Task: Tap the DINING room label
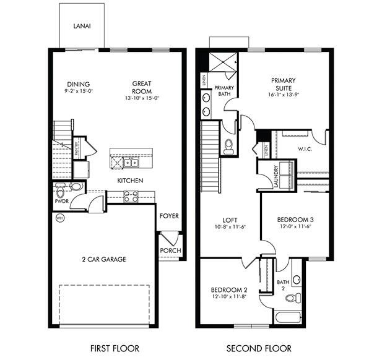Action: [79, 84]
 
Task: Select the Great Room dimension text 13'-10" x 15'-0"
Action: [142, 98]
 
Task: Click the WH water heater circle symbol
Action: [60, 218]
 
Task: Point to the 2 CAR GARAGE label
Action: [105, 259]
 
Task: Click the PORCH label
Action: [170, 251]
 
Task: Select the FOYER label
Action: [170, 216]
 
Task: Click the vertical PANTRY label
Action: [76, 148]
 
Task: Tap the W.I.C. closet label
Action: [305, 148]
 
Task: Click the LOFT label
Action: [230, 220]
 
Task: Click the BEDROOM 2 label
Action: [229, 289]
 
